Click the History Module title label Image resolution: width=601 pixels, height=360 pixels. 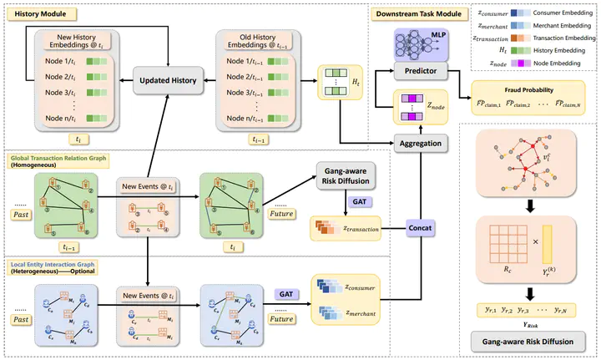pyautogui.click(x=43, y=15)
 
